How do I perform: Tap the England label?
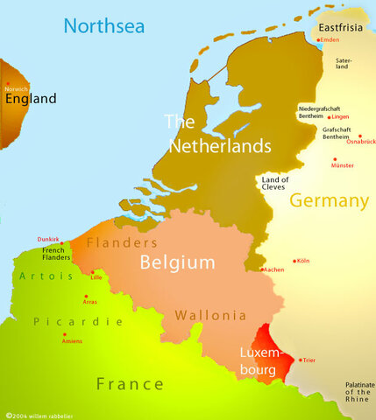point(32,99)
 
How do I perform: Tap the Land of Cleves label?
point(274,183)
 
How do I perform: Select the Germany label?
point(329,201)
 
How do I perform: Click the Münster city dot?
point(334,159)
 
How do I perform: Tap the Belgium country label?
point(178,262)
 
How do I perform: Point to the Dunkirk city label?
point(47,239)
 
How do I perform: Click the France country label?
point(129,383)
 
